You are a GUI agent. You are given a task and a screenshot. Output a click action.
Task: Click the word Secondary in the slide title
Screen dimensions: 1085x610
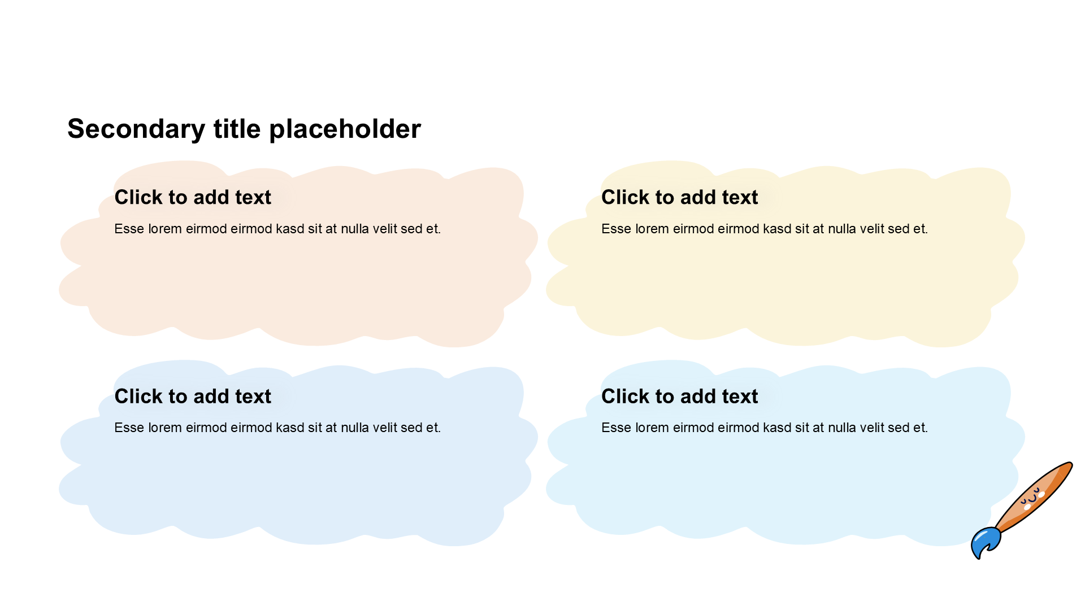coord(136,130)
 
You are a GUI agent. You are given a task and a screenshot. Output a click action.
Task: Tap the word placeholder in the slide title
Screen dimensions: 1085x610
coord(345,129)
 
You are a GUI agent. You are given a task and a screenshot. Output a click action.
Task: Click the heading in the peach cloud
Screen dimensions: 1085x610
coord(193,197)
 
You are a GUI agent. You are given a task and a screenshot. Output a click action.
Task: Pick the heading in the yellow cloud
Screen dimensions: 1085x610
coord(680,197)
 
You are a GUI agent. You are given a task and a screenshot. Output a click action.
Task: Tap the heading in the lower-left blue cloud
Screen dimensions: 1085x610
coord(193,396)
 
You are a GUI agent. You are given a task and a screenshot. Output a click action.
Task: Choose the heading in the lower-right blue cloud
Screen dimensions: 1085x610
coord(680,396)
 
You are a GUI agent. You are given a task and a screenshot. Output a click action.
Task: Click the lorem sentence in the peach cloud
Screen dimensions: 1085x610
coord(277,229)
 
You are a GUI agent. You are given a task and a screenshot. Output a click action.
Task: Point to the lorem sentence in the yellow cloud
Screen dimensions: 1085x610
coord(765,229)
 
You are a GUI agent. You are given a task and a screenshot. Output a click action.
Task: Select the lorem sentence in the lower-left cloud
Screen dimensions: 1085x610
coord(277,428)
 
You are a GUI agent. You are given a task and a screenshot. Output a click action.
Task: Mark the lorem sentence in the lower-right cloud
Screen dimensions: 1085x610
coord(765,428)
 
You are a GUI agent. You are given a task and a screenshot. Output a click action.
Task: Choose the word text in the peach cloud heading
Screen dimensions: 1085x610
coord(253,197)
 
